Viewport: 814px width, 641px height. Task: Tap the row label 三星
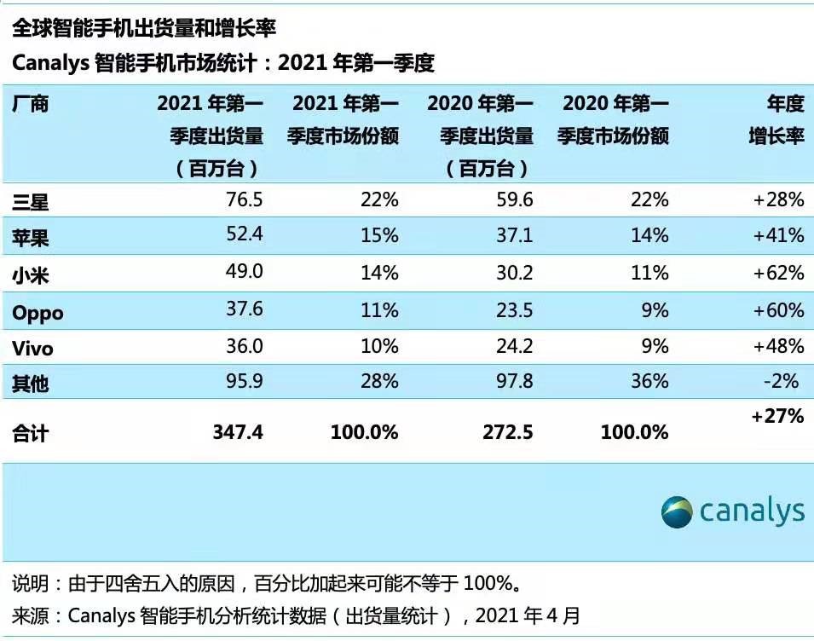coord(31,201)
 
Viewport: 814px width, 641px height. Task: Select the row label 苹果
coord(31,237)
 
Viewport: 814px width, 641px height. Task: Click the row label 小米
coord(31,274)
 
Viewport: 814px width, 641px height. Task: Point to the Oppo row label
coord(38,313)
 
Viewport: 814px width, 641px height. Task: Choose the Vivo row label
coord(32,349)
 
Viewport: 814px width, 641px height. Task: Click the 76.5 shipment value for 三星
coord(243,200)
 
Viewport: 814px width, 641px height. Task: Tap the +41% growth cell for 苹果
coord(777,236)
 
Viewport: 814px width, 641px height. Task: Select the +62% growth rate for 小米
coord(777,273)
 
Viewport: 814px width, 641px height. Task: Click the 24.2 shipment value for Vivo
coord(514,347)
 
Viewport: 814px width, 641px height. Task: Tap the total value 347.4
coord(237,432)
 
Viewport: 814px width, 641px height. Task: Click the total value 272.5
coord(507,432)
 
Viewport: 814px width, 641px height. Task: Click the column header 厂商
coord(31,104)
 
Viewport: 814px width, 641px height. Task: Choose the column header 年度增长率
coord(776,120)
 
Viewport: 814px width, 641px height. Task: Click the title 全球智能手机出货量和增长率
coord(144,28)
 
